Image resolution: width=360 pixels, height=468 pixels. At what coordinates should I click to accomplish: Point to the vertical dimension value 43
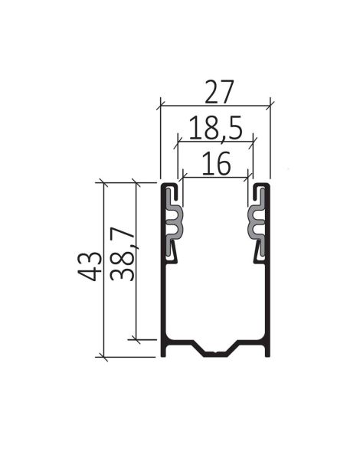93,265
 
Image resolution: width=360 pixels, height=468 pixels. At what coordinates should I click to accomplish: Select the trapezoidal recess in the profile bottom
216,349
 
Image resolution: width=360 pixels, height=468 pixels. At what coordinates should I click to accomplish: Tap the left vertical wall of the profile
164,299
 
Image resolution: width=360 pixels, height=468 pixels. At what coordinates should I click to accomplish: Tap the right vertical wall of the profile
267,299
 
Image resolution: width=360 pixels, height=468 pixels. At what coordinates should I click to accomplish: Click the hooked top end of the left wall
169,186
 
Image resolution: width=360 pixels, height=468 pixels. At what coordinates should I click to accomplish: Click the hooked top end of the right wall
263,186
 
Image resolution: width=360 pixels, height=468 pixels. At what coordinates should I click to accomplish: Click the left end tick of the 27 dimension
160,104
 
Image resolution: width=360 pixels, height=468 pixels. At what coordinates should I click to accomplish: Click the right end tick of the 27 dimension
271,104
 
